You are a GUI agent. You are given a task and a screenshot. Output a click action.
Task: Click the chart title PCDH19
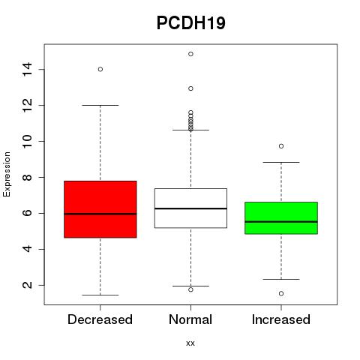click(191, 23)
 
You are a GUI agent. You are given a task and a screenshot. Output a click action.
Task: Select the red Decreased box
click(100, 209)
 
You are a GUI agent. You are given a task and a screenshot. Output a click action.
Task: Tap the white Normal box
click(190, 208)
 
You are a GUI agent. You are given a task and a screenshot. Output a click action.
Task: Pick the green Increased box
click(281, 218)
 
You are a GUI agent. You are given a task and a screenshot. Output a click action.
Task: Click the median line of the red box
click(100, 214)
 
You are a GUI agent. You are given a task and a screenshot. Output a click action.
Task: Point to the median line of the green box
click(281, 222)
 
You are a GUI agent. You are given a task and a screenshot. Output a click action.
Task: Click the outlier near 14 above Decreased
click(100, 69)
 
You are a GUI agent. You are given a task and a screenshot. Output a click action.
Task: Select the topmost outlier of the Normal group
click(190, 54)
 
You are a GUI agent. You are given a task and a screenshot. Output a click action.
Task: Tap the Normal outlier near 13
click(190, 88)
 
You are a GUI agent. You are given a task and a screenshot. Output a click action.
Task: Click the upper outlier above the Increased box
click(281, 146)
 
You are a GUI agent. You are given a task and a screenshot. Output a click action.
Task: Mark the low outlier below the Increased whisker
click(281, 293)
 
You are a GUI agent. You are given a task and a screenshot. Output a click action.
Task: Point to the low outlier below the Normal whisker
click(190, 289)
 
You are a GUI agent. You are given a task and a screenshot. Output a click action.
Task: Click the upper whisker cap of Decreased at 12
click(100, 105)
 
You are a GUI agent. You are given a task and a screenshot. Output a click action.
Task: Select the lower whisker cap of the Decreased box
click(100, 295)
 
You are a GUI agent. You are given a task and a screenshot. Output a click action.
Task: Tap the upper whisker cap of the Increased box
click(281, 162)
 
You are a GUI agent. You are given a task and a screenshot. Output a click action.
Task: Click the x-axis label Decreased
click(100, 319)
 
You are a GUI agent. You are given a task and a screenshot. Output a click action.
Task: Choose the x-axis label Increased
click(281, 319)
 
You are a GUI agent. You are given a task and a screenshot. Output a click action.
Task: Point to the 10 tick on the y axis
click(27, 141)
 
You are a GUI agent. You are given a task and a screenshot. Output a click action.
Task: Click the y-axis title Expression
click(7, 174)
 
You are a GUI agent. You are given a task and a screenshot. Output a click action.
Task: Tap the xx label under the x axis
click(190, 343)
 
